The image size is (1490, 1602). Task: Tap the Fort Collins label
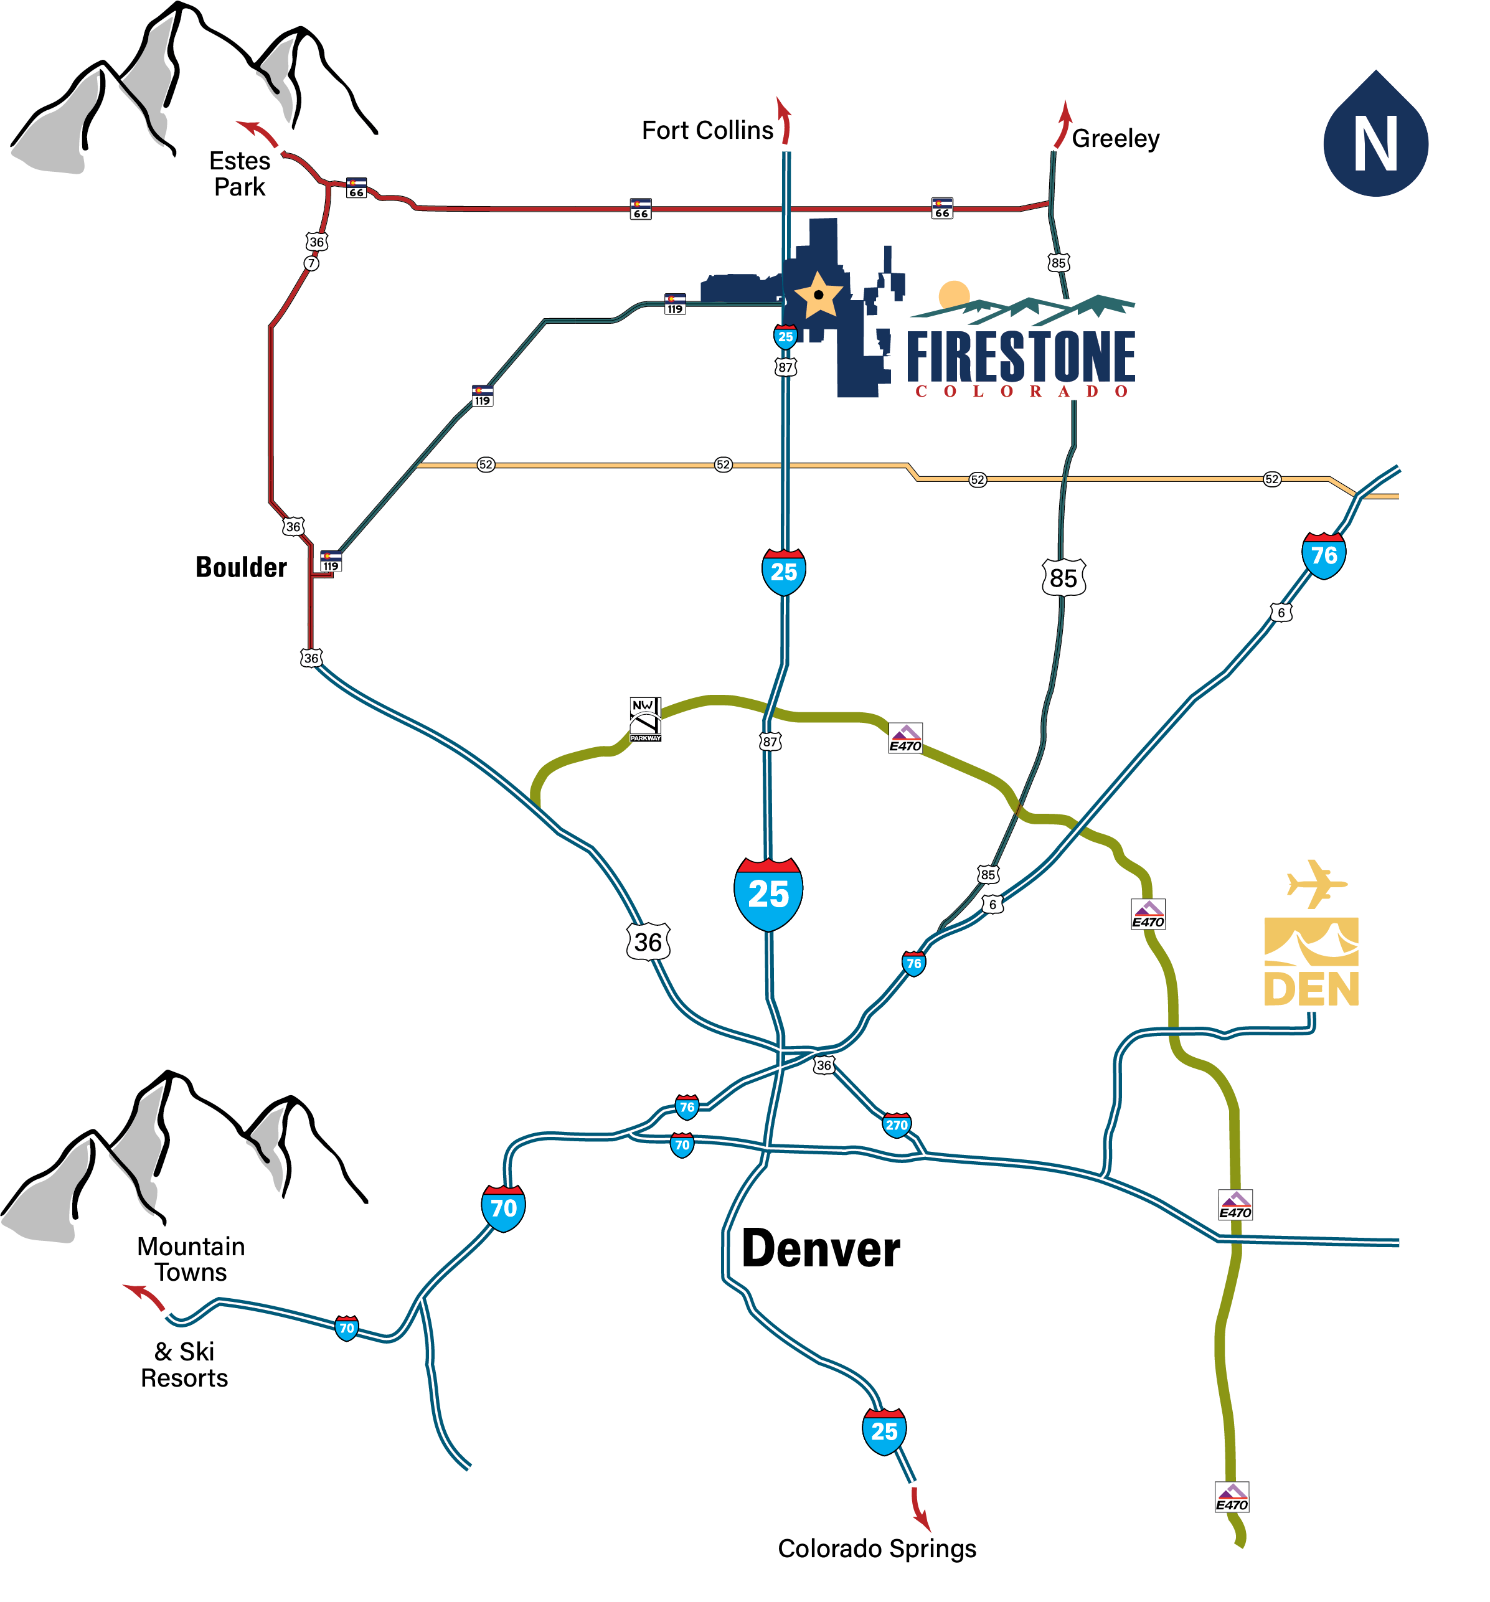tap(706, 131)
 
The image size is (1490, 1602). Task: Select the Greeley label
tap(1115, 139)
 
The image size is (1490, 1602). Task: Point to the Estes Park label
tap(239, 173)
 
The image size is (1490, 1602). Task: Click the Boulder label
tap(241, 567)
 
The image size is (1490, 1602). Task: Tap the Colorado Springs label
tap(876, 1548)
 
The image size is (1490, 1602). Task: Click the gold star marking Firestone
tap(818, 295)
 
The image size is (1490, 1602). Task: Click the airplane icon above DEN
tap(1314, 884)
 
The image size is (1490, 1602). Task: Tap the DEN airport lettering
tap(1310, 988)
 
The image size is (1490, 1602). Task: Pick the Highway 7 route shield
tap(311, 263)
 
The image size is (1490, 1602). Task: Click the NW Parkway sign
tap(644, 719)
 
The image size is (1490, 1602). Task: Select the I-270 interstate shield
tap(896, 1125)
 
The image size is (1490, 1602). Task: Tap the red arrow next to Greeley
tap(1062, 125)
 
